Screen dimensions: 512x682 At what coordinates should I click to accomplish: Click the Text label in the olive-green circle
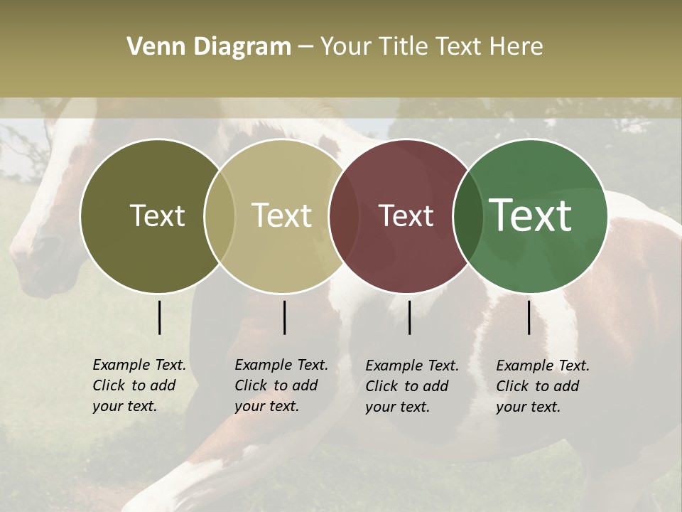(x=157, y=215)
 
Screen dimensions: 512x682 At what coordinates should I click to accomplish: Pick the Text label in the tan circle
(x=281, y=215)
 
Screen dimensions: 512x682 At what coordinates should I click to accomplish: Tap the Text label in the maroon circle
(x=406, y=215)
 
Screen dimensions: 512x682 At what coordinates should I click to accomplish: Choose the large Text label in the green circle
(x=530, y=215)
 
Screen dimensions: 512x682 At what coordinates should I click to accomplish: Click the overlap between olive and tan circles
(x=220, y=216)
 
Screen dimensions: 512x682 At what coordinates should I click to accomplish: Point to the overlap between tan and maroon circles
(x=344, y=216)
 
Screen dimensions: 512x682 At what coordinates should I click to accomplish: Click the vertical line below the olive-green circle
(x=159, y=317)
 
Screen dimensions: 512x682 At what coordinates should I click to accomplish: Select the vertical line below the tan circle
(x=284, y=317)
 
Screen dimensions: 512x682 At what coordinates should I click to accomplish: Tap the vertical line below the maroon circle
(x=409, y=317)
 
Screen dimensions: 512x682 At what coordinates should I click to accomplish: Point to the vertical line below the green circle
(x=529, y=317)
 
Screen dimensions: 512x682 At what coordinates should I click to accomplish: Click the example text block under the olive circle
(x=139, y=385)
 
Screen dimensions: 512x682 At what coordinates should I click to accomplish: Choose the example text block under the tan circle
(x=281, y=385)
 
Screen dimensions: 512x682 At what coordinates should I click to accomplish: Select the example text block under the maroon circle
(x=411, y=386)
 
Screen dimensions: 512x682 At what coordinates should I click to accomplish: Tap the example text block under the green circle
(x=542, y=386)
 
